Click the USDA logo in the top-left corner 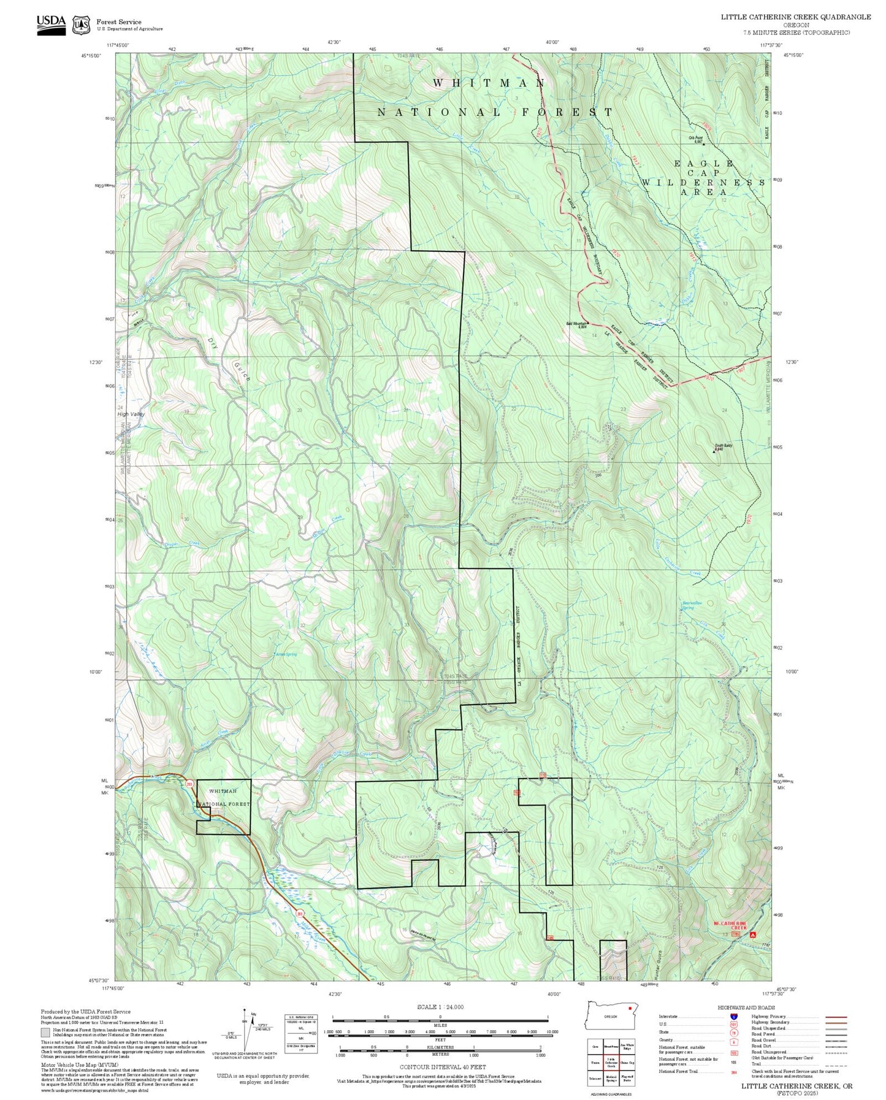[51, 25]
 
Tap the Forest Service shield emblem [81, 25]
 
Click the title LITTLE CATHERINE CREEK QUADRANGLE [795, 17]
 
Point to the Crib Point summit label [695, 139]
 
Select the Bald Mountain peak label [576, 324]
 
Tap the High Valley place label [131, 414]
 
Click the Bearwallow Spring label [692, 605]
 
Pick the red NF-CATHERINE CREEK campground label [730, 925]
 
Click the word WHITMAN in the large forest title [489, 82]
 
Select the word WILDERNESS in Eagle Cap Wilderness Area [703, 182]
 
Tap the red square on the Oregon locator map [630, 1007]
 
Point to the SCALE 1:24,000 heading [440, 1007]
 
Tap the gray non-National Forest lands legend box [46, 1031]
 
